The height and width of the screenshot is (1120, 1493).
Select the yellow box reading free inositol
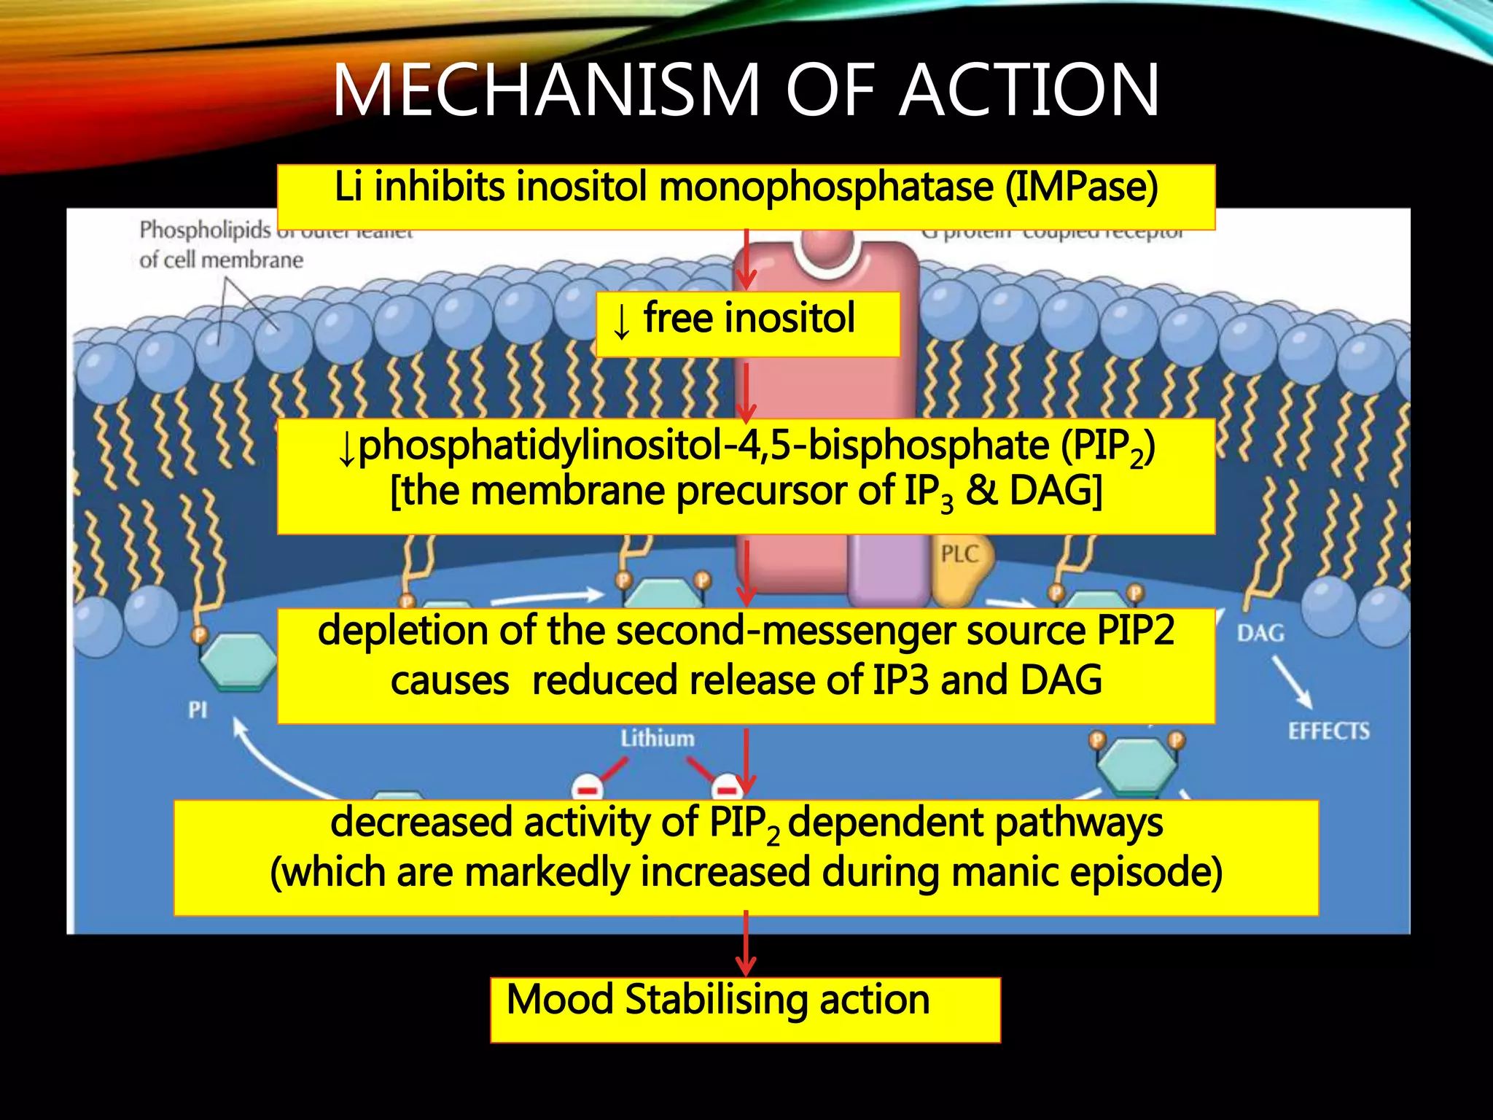(748, 324)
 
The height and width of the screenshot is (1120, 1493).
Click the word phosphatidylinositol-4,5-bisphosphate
(703, 446)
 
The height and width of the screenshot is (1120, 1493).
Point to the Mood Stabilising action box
(745, 1009)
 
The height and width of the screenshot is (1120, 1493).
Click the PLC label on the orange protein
(958, 554)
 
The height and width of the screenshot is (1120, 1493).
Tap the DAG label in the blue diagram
(1260, 633)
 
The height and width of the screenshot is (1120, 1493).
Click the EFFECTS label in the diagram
(1328, 731)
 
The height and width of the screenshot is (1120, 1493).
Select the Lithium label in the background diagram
(658, 739)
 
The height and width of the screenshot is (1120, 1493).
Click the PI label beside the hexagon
(198, 709)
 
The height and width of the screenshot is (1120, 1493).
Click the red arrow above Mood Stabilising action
(745, 944)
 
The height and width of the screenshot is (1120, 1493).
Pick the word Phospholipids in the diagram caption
(205, 230)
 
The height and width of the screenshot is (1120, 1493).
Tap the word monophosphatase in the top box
(826, 187)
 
